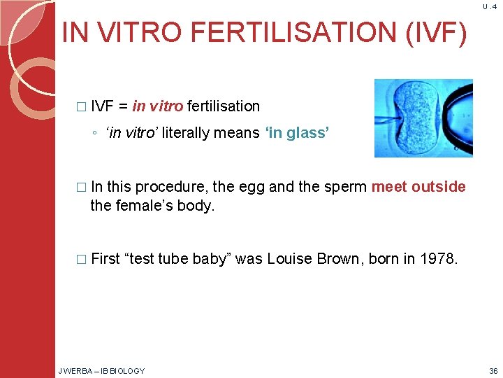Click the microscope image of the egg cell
tap(423, 118)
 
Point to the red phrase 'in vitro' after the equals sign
tap(158, 106)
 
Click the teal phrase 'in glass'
tap(296, 133)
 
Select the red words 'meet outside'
tap(418, 187)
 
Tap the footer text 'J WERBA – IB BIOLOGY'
tap(101, 371)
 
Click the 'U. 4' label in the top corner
tap(488, 7)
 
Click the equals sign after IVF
tap(123, 107)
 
